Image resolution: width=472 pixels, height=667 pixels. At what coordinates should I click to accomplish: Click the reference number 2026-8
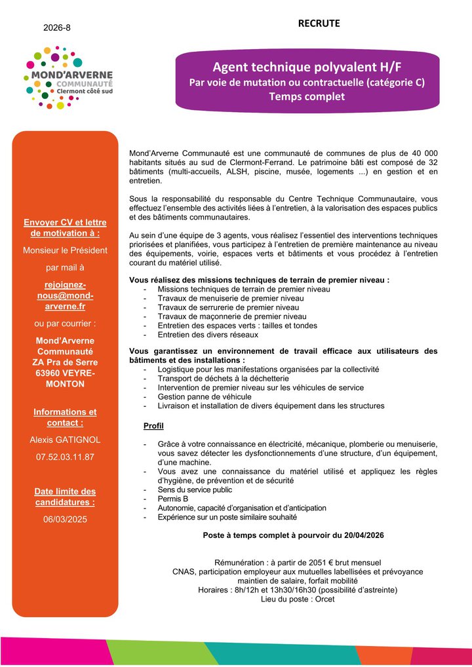coord(57,28)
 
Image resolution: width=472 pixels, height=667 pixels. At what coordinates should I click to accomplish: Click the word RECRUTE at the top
coord(319,24)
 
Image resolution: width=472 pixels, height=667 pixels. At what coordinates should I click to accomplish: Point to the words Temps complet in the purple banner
coord(306,96)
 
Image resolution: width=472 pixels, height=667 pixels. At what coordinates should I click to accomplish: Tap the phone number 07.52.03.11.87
coord(65,457)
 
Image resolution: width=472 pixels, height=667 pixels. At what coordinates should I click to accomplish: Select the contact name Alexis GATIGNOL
coord(65,440)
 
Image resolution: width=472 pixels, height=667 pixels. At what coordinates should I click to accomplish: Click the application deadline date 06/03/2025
coord(65,519)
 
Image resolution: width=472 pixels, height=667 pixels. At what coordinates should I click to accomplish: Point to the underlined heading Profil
coord(153,427)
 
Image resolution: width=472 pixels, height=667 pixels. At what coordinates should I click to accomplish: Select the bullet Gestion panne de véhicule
coord(205,396)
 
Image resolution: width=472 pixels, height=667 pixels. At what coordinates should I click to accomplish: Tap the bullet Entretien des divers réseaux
coord(212,335)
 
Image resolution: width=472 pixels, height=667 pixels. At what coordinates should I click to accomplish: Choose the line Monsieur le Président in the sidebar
coord(65,250)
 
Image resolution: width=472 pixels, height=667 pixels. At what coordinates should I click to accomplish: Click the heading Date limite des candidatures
coord(65,497)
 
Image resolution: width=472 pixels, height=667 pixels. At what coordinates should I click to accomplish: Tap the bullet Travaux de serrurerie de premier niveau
coord(228,307)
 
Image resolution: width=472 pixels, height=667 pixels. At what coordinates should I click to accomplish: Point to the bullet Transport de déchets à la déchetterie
coord(223,378)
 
